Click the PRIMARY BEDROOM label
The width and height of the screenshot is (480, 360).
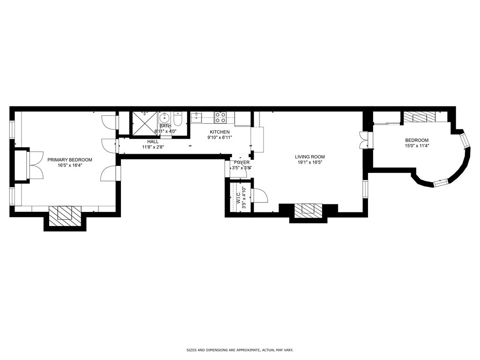click(70, 160)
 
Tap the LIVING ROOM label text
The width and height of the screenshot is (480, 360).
click(309, 157)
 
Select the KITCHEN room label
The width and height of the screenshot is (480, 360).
click(219, 132)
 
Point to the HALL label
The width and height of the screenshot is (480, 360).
click(153, 142)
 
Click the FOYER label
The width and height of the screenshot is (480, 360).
click(242, 163)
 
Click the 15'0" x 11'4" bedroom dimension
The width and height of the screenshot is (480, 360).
click(417, 146)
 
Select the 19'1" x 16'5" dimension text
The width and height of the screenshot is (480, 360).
click(309, 163)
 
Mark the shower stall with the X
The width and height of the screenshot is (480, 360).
click(145, 124)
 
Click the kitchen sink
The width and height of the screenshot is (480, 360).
click(197, 117)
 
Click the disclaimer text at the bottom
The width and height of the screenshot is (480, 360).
click(240, 350)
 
